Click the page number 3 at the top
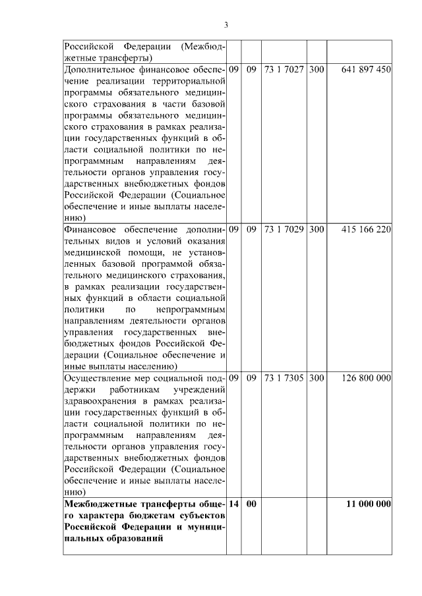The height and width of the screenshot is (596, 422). pos(226,26)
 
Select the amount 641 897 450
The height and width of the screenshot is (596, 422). pos(367,68)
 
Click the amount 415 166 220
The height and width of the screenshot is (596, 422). pos(367,230)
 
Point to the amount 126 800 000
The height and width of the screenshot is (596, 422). pos(367,378)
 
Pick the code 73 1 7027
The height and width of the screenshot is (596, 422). pos(284,68)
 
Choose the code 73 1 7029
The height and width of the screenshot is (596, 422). pos(284,230)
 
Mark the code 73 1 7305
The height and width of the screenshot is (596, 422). pos(284,378)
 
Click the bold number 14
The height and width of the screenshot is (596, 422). pos(233,504)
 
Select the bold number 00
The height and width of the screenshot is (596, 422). pos(251,504)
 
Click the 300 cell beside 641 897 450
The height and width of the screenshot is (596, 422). pos(316,68)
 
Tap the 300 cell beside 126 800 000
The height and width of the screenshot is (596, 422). pos(316,378)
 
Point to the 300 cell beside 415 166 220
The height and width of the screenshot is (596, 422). pos(316,230)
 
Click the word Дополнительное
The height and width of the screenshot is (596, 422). pos(98,68)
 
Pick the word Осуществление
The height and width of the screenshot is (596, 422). pos(96,378)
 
